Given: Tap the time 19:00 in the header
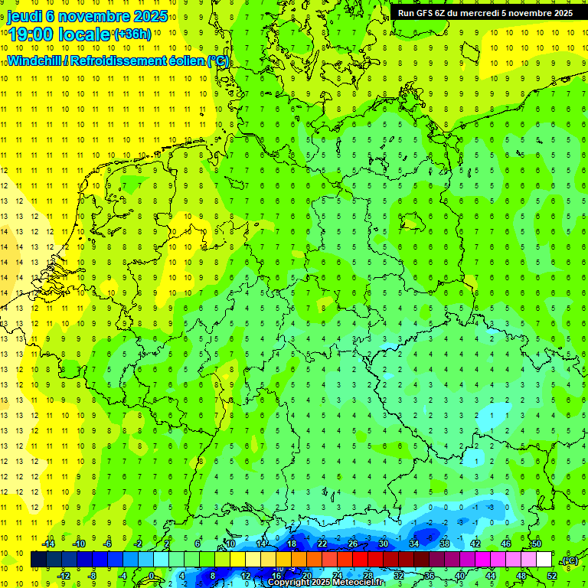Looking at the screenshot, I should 30,34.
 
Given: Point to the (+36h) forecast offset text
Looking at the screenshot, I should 132,34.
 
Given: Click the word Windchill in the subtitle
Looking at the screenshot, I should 34,60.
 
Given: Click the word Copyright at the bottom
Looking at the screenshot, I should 289,583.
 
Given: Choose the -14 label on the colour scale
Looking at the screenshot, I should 47,544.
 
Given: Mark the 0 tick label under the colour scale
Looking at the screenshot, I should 152,576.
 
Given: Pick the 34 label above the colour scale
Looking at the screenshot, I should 414,544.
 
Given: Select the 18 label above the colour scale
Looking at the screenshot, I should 292,544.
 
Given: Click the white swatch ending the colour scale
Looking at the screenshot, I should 544,560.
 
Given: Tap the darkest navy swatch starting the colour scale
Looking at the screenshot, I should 38,560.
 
